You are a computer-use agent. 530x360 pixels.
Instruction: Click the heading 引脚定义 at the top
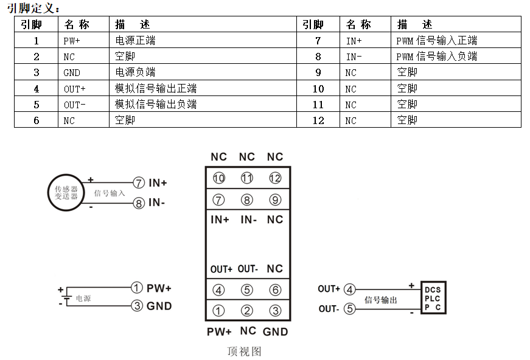pyautogui.click(x=33, y=7)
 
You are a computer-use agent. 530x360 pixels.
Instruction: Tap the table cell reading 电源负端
pyautogui.click(x=134, y=72)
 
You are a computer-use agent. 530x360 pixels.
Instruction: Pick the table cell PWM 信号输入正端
pyautogui.click(x=436, y=41)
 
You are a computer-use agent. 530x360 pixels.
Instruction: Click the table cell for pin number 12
pyautogui.click(x=318, y=120)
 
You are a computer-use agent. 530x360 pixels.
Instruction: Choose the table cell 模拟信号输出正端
pyautogui.click(x=155, y=89)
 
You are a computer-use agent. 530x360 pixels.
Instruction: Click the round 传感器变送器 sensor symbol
pyautogui.click(x=66, y=193)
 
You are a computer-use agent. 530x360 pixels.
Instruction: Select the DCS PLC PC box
pyautogui.click(x=433, y=299)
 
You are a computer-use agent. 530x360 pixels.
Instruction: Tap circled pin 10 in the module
pyautogui.click(x=218, y=178)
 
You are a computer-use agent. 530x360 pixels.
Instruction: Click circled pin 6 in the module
pyautogui.click(x=275, y=290)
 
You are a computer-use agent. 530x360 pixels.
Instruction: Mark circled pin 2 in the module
pyautogui.click(x=246, y=311)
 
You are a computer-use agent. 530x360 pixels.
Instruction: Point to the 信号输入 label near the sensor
pyautogui.click(x=110, y=193)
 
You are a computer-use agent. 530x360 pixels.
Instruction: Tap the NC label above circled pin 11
pyautogui.click(x=246, y=157)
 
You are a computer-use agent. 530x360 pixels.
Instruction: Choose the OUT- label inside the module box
pyautogui.click(x=248, y=269)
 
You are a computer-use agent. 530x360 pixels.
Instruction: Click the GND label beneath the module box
pyautogui.click(x=275, y=332)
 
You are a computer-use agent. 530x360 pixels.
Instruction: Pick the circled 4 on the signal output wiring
pyautogui.click(x=349, y=289)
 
